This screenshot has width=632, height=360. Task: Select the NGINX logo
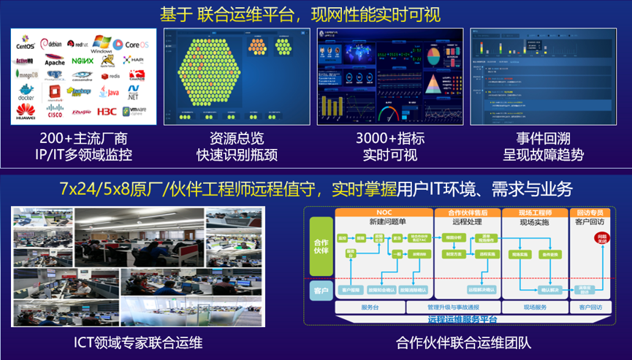point(83,61)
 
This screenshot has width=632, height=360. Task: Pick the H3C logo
point(107,112)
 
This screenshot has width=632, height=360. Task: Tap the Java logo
point(110,93)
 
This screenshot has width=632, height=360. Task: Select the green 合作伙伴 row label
point(320,246)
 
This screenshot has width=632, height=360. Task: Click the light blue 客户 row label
point(320,290)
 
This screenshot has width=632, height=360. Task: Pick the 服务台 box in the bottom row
point(370,307)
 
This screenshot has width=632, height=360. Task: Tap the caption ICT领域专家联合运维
point(138,342)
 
